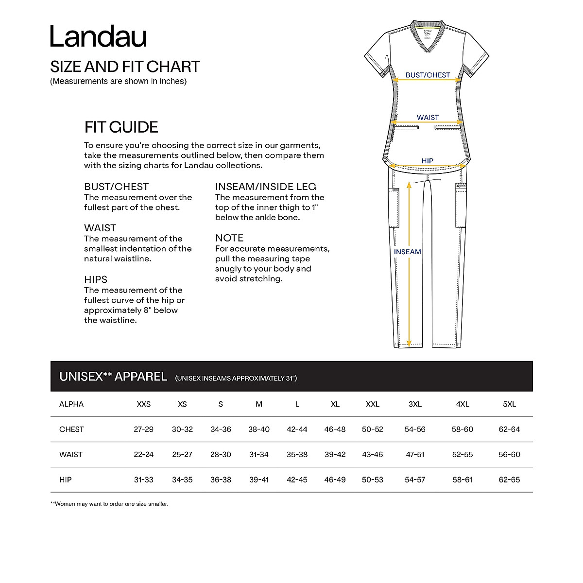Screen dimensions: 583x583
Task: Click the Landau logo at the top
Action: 98,36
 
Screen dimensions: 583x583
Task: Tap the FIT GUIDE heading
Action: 121,127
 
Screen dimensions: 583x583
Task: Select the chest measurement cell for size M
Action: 259,429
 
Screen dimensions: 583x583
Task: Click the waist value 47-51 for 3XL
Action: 415,455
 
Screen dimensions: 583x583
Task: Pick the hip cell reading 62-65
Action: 509,480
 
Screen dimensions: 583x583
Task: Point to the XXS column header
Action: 144,404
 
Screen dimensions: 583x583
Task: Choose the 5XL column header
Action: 509,404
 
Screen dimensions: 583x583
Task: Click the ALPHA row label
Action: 71,404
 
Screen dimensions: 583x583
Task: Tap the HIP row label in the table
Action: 66,480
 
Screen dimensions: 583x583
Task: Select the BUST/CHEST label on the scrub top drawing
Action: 428,75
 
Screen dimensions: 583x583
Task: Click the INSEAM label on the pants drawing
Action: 408,252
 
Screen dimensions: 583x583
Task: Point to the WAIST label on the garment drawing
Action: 428,118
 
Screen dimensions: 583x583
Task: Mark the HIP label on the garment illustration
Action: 428,161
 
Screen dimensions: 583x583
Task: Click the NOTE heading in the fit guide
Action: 229,238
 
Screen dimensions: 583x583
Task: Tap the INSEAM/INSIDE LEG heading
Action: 266,187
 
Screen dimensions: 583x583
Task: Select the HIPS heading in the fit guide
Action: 96,279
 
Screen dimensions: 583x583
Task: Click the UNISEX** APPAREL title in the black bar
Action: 113,377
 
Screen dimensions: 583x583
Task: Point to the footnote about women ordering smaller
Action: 109,504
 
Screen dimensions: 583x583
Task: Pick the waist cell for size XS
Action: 182,455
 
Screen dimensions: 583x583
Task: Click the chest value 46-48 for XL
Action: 335,429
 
